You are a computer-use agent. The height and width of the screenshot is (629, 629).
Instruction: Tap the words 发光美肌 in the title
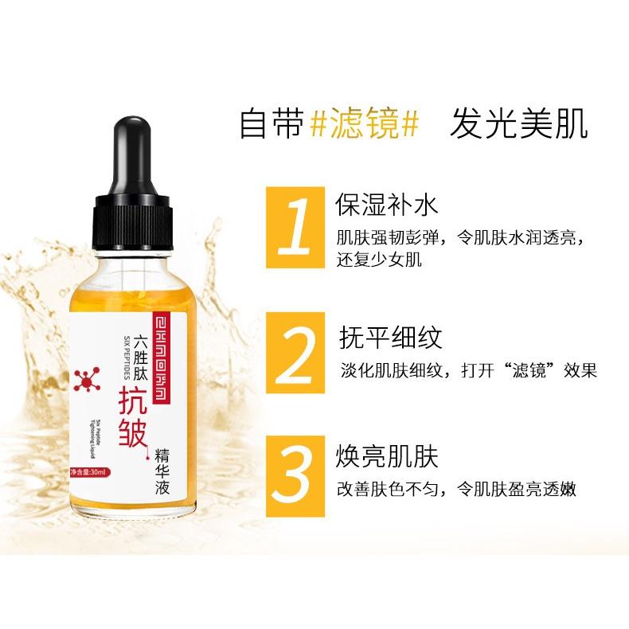click(518, 126)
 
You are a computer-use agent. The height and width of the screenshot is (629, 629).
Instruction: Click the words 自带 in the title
click(268, 126)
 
